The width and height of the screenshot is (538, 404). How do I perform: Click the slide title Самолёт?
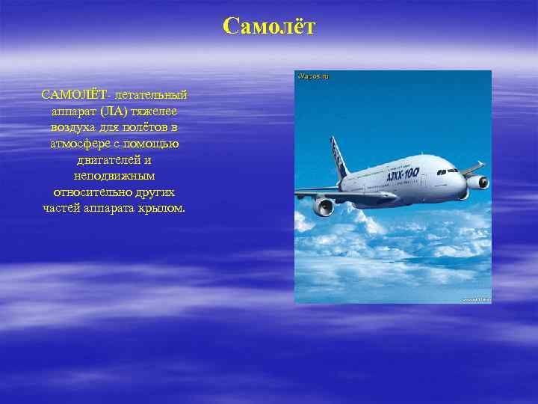[269, 28]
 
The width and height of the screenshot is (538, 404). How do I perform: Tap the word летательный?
[149, 95]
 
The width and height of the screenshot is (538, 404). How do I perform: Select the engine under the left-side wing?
[323, 206]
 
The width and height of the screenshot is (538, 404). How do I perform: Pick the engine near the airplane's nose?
[476, 182]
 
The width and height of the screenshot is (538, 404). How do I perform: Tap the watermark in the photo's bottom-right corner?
[475, 299]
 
